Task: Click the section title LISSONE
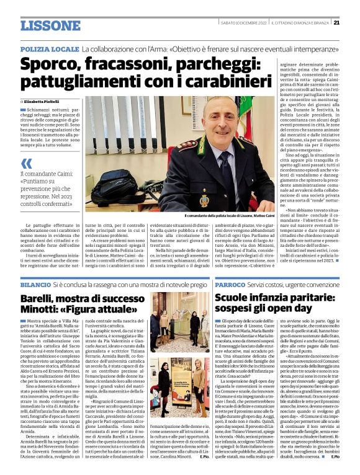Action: click(50, 25)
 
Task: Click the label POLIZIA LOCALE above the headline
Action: click(48, 48)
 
